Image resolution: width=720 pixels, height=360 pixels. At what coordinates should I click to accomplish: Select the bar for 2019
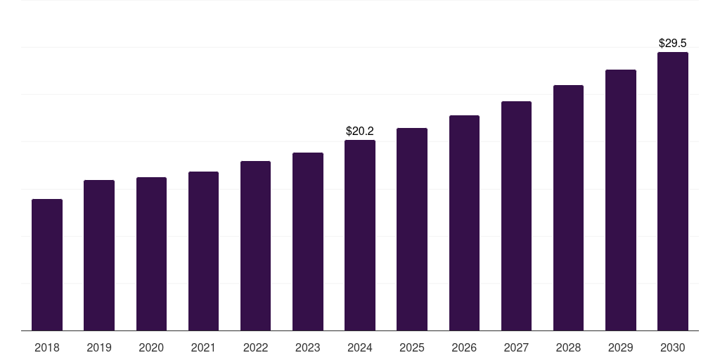pyautogui.click(x=99, y=255)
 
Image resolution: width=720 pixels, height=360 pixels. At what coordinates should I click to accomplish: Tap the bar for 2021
pyautogui.click(x=203, y=251)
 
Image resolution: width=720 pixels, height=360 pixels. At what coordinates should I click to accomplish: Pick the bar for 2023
pyautogui.click(x=308, y=241)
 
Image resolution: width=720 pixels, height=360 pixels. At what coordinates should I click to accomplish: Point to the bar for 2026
pyautogui.click(x=464, y=223)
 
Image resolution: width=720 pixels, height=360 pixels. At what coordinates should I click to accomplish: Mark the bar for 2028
pyautogui.click(x=568, y=207)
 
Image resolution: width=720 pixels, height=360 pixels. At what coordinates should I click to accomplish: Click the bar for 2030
pyautogui.click(x=672, y=191)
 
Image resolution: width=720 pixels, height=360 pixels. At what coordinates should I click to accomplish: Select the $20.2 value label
pyautogui.click(x=360, y=131)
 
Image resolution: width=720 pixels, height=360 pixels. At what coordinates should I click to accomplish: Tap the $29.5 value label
pyautogui.click(x=672, y=43)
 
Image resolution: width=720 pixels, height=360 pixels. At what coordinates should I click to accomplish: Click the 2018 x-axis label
pyautogui.click(x=47, y=347)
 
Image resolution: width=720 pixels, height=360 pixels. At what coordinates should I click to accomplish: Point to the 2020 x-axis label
pyautogui.click(x=151, y=347)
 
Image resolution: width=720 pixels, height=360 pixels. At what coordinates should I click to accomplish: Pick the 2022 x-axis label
pyautogui.click(x=255, y=347)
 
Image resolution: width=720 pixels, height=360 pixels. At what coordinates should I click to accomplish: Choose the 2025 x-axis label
pyautogui.click(x=412, y=347)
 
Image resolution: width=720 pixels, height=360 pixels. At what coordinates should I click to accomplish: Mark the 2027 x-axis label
pyautogui.click(x=516, y=347)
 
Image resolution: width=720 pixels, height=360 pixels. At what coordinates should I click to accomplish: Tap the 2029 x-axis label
pyautogui.click(x=620, y=347)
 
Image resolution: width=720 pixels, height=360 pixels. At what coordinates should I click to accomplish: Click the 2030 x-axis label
pyautogui.click(x=672, y=347)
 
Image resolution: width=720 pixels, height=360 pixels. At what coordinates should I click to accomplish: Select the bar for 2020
pyautogui.click(x=151, y=254)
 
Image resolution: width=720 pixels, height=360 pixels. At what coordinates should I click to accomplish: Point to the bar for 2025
pyautogui.click(x=412, y=229)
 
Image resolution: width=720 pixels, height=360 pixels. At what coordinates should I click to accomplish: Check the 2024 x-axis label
pyautogui.click(x=360, y=347)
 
